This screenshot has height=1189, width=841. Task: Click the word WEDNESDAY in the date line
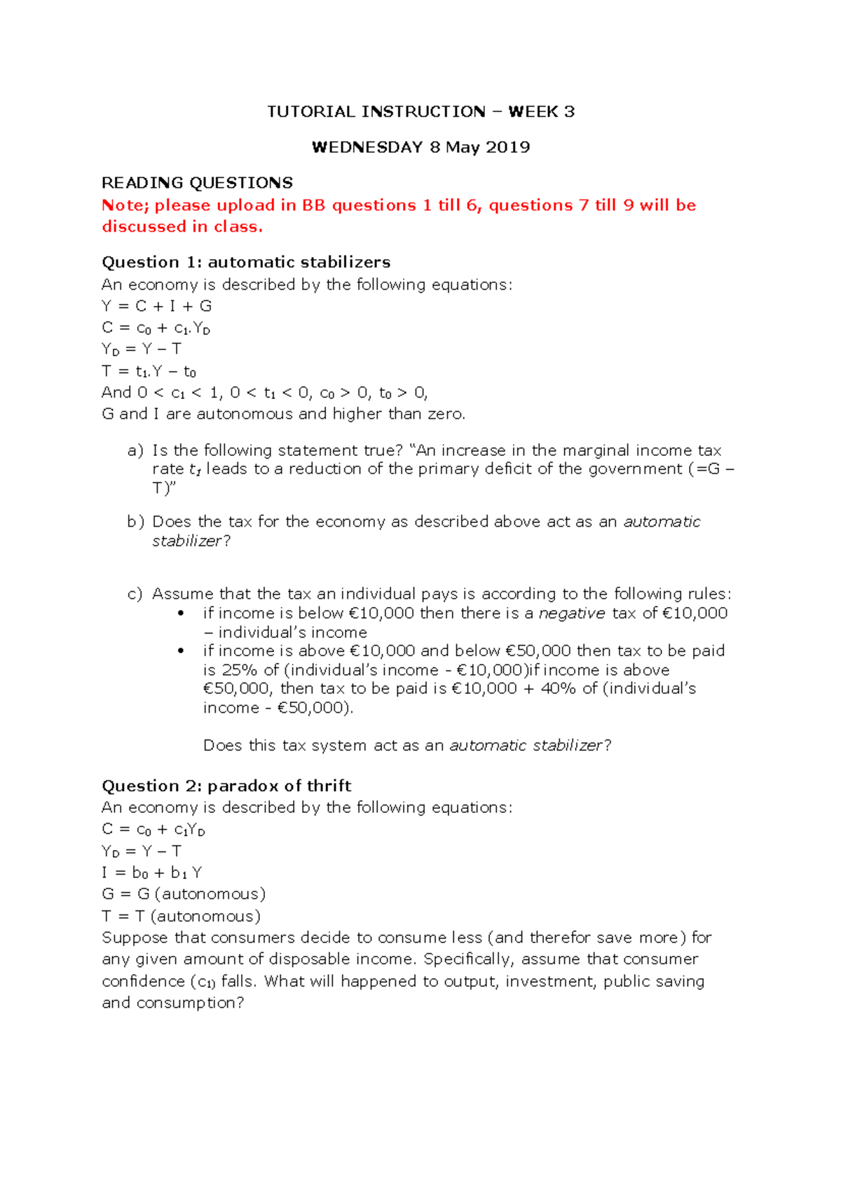point(367,147)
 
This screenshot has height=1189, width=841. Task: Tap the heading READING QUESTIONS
point(197,183)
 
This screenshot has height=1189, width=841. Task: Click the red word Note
point(122,205)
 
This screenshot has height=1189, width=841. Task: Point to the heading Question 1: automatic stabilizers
point(246,262)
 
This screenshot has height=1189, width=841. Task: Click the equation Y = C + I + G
point(156,306)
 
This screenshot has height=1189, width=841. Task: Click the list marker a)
point(135,450)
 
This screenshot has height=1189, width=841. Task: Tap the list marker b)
point(135,522)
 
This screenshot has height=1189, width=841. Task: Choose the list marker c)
point(135,594)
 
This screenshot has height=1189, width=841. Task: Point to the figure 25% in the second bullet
point(240,670)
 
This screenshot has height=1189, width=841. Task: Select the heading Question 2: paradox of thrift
point(226,786)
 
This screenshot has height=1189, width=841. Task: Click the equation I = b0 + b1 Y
point(151,872)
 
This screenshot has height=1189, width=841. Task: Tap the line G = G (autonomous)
point(184,894)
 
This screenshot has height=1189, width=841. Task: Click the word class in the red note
point(236,227)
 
